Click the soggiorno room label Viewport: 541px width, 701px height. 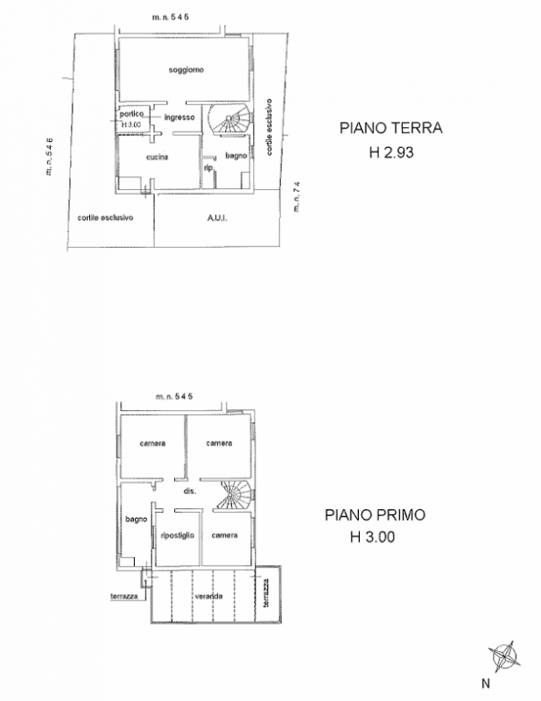click(x=186, y=69)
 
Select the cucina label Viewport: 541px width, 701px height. click(x=158, y=157)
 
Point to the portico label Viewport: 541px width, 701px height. click(x=131, y=116)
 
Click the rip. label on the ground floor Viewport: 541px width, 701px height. click(x=208, y=167)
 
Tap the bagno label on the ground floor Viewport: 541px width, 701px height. click(x=235, y=156)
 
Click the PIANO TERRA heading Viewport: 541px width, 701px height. click(x=391, y=128)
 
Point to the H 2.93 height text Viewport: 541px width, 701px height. click(x=390, y=152)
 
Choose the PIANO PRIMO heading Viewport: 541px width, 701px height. click(x=375, y=515)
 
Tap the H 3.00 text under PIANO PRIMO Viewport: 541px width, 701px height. click(x=375, y=539)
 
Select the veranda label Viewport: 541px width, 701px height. click(x=208, y=597)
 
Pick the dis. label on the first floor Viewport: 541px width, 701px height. click(x=188, y=492)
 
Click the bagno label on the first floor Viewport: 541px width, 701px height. click(x=136, y=520)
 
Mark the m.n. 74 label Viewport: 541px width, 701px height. click(x=298, y=195)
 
